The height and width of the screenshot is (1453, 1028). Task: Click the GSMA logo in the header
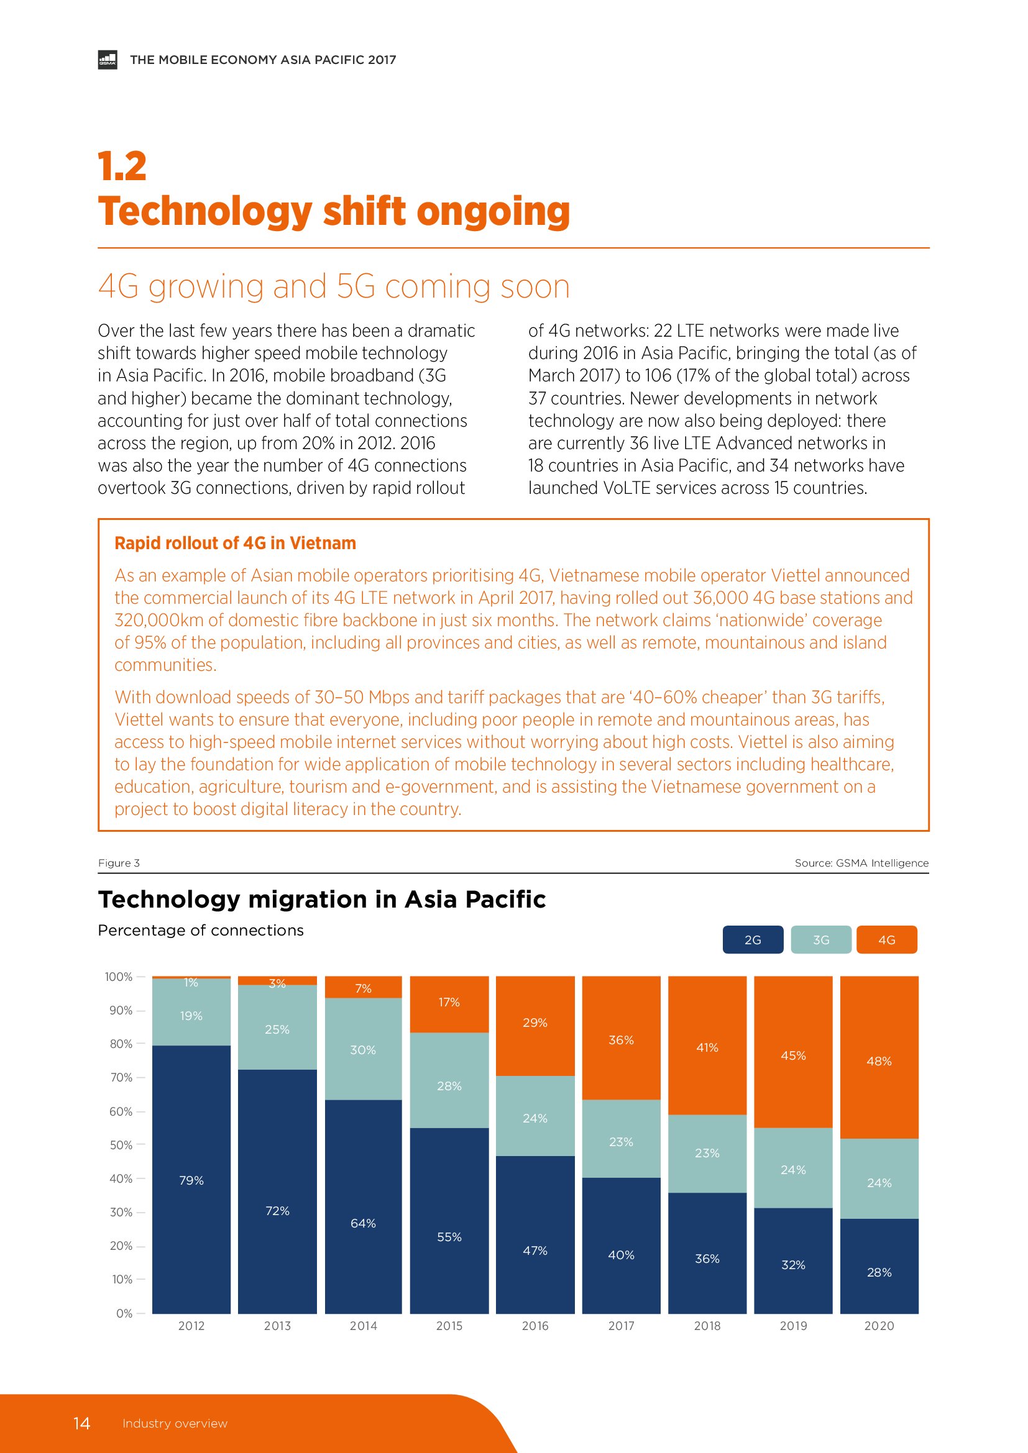pyautogui.click(x=108, y=60)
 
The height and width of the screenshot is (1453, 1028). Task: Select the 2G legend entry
pyautogui.click(x=753, y=940)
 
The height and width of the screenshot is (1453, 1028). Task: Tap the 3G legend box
pyautogui.click(x=821, y=940)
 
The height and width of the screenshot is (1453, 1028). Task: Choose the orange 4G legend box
pyautogui.click(x=886, y=940)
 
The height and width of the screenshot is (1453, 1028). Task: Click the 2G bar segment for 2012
pyautogui.click(x=191, y=1180)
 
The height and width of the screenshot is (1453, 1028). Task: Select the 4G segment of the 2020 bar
pyautogui.click(x=879, y=1057)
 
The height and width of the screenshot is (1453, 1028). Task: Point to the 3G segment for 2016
pyautogui.click(x=535, y=1116)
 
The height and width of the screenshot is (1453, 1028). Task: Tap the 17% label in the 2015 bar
pyautogui.click(x=449, y=1002)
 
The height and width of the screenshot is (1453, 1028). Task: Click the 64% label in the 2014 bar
pyautogui.click(x=364, y=1223)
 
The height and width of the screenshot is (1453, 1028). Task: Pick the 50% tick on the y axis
pyautogui.click(x=121, y=1145)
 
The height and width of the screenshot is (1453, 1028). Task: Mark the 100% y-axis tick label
pyautogui.click(x=119, y=977)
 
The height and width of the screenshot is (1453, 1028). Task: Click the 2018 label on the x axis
pyautogui.click(x=707, y=1326)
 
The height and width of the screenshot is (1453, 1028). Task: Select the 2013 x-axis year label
pyautogui.click(x=277, y=1326)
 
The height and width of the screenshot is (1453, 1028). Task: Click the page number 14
pyautogui.click(x=81, y=1423)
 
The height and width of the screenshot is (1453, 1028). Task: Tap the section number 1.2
pyautogui.click(x=122, y=166)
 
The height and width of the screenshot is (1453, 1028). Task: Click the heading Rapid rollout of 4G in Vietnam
pyautogui.click(x=236, y=543)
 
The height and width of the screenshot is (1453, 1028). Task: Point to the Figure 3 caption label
pyautogui.click(x=119, y=863)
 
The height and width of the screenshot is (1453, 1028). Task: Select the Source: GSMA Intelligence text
pyautogui.click(x=861, y=863)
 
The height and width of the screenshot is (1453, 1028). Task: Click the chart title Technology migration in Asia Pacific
pyautogui.click(x=321, y=900)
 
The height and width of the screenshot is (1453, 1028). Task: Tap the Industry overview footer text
pyautogui.click(x=175, y=1424)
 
